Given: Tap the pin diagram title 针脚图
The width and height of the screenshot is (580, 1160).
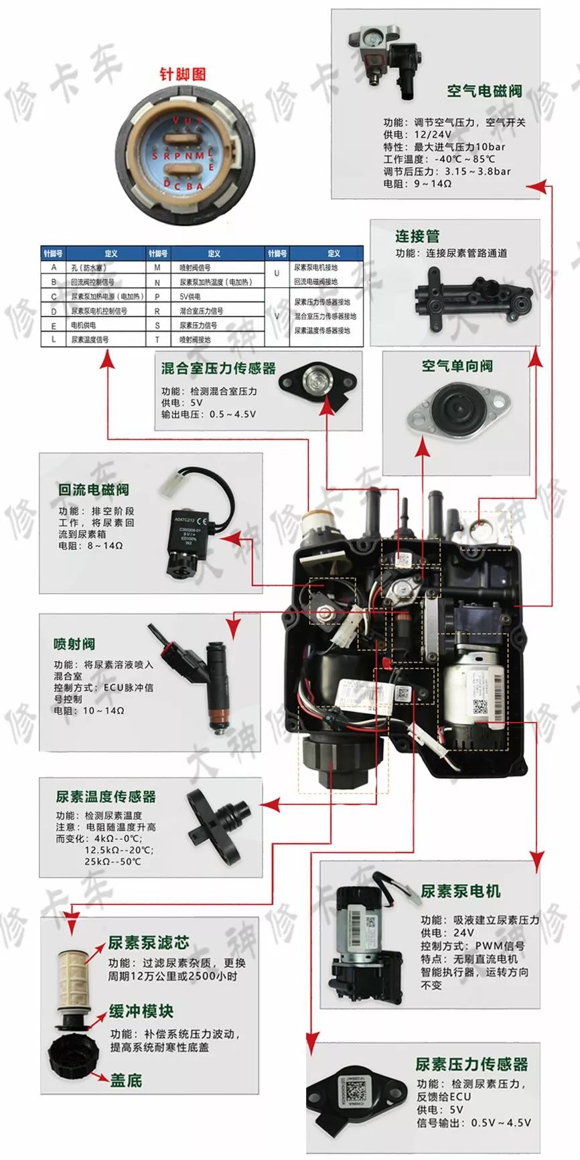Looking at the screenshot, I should coord(182,74).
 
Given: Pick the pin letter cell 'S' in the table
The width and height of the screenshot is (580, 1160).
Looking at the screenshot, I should coord(157,325).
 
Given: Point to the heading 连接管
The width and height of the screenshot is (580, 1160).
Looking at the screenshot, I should coord(417,236).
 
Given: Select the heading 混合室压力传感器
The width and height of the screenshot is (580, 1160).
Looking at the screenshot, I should coord(218,368).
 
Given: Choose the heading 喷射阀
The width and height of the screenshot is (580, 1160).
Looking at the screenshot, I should coord(74,644).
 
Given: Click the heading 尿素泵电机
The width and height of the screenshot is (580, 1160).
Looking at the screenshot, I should coord(460,891).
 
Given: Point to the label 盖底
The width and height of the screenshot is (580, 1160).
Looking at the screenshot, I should coord(126,1080).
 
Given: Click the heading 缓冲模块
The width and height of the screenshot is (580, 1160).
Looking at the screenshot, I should coord(141,1011).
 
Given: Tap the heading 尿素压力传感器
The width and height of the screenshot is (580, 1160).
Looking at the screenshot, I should coord(472,1064).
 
